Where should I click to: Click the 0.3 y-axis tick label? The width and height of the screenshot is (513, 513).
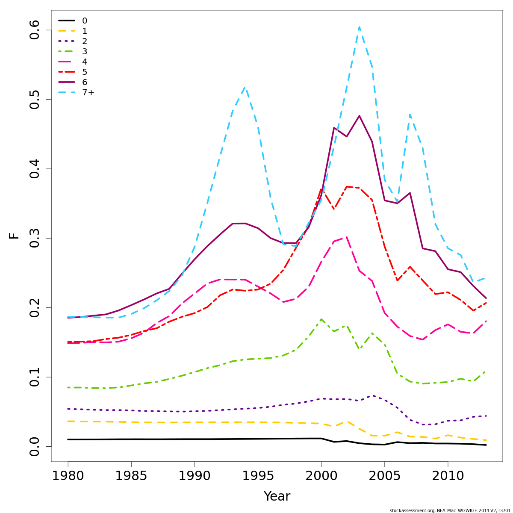[35, 238]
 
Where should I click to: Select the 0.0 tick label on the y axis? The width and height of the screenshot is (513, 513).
[35, 446]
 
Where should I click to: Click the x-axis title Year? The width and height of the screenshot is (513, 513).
[277, 496]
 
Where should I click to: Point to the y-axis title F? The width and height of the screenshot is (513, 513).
[15, 236]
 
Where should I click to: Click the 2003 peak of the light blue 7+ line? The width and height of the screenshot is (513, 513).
[359, 27]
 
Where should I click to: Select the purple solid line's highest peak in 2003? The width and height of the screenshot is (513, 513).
[359, 116]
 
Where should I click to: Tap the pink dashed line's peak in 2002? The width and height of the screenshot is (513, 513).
[346, 237]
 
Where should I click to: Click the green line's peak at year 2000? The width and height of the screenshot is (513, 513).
[321, 319]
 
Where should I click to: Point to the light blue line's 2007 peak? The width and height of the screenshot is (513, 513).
[410, 115]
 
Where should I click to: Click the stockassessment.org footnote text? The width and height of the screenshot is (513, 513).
[450, 510]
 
